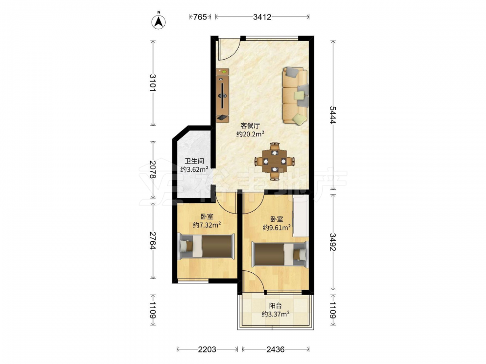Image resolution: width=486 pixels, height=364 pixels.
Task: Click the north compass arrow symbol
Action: [158, 22]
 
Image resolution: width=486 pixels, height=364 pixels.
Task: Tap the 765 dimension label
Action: [200, 17]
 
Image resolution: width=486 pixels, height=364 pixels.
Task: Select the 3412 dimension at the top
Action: [262, 17]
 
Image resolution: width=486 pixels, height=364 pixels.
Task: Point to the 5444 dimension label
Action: [333, 115]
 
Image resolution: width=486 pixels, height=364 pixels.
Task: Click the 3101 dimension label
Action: [153, 83]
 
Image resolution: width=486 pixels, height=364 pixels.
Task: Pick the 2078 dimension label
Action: [153, 169]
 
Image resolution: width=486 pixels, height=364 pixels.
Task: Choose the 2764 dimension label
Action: [153, 241]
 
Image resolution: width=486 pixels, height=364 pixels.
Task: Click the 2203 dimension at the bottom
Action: [207, 349]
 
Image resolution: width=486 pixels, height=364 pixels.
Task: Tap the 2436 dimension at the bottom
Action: [275, 349]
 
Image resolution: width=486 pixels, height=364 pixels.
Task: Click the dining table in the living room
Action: [274, 161]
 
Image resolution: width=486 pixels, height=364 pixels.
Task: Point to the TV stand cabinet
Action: [223, 95]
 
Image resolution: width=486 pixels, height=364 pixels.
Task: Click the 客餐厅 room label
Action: [250, 126]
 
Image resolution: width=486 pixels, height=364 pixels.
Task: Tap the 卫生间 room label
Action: [194, 161]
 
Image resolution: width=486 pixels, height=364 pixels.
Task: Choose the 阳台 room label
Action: [276, 306]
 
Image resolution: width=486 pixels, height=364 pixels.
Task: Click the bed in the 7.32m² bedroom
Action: [207, 246]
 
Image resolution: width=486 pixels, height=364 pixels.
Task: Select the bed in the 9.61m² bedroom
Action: [280, 253]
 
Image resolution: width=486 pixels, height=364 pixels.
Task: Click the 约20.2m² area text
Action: [250, 134]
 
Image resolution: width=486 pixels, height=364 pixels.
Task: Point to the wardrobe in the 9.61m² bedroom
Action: [300, 216]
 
